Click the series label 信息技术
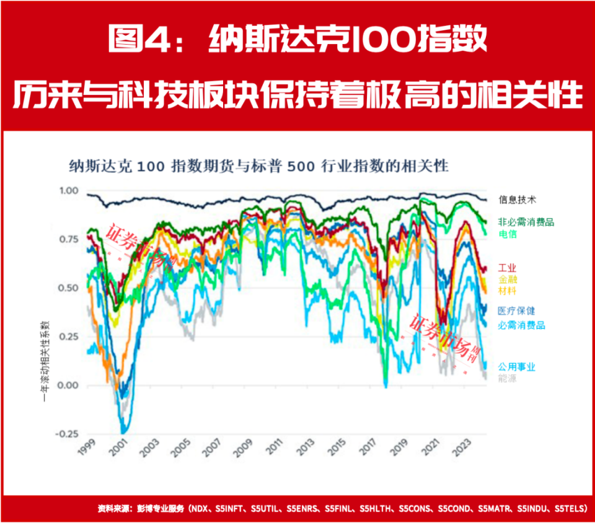[x=517, y=200]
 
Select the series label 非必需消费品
[x=526, y=222]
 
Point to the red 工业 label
[x=507, y=268]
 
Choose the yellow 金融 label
[x=507, y=279]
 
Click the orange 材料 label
[x=507, y=291]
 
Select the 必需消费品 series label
[x=521, y=325]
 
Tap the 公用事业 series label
[x=516, y=367]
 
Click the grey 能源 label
[x=507, y=377]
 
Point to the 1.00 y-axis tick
[x=69, y=191]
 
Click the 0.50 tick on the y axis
[x=69, y=288]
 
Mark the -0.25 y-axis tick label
[x=67, y=434]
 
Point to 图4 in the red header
[x=134, y=38]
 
